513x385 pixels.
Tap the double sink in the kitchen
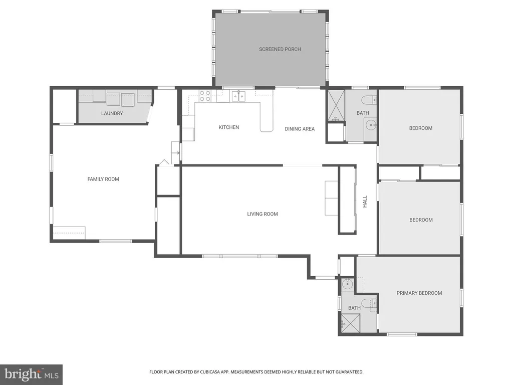[238, 96]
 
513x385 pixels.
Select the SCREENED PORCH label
[280, 49]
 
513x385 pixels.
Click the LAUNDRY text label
[112, 113]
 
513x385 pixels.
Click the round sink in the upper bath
[371, 125]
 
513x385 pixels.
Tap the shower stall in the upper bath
[336, 106]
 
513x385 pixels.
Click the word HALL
[365, 202]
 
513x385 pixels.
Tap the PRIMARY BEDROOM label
[419, 293]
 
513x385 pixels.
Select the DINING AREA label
[300, 129]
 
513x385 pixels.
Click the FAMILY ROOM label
[103, 179]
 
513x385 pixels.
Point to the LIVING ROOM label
[262, 214]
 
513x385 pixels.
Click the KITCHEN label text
[228, 127]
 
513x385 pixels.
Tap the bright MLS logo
[31, 374]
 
